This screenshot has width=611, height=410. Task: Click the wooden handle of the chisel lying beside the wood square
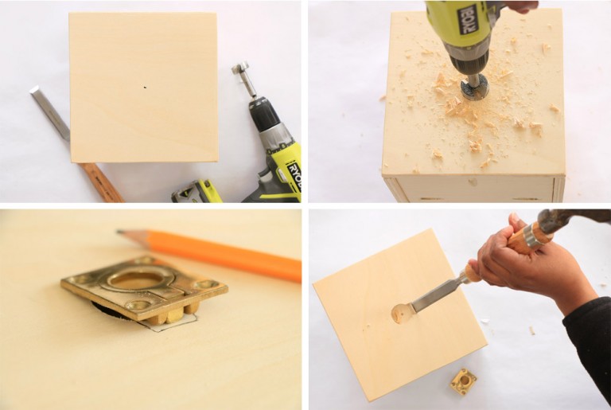tap(100, 182)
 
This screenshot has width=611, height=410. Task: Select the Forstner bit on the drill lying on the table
tap(243, 80)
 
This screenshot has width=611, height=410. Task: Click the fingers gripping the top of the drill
tap(521, 6)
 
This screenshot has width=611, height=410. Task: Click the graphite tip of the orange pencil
tap(120, 232)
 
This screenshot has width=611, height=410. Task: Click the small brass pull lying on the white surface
tap(463, 381)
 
